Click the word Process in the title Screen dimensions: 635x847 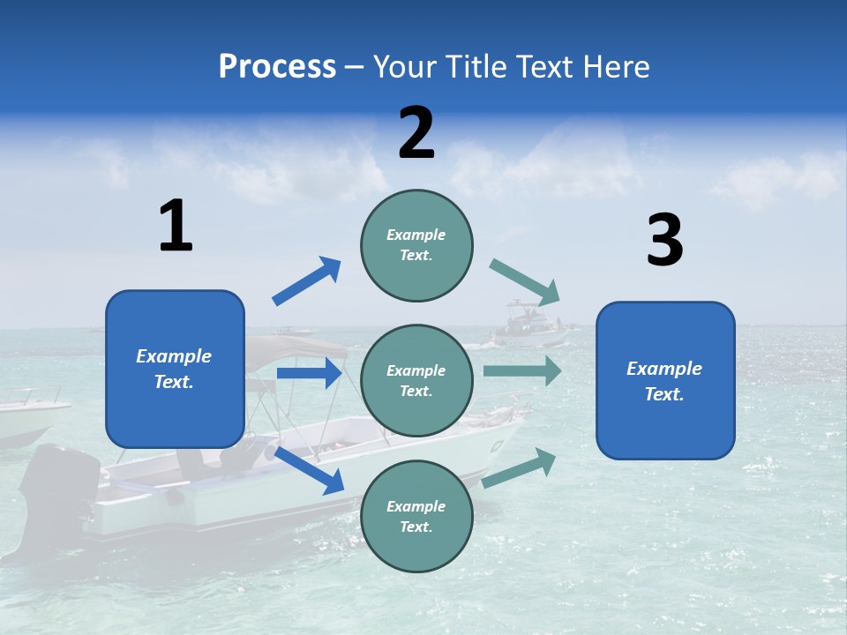[x=277, y=67]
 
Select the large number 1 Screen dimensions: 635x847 [x=176, y=227]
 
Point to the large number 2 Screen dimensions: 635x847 [x=416, y=133]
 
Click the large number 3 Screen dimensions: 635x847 [x=664, y=241]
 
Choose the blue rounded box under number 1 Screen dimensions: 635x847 [x=175, y=369]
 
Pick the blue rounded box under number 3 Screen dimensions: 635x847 [x=665, y=380]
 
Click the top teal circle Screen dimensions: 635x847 [x=416, y=245]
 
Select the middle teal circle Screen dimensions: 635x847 [x=416, y=380]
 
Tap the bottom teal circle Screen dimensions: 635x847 [x=416, y=516]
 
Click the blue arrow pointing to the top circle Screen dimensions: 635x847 [x=306, y=281]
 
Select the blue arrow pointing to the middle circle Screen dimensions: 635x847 [x=309, y=373]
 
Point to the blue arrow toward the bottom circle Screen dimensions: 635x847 [x=310, y=470]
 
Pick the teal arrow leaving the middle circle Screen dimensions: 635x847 [x=522, y=370]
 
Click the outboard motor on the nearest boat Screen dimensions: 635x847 [x=58, y=489]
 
